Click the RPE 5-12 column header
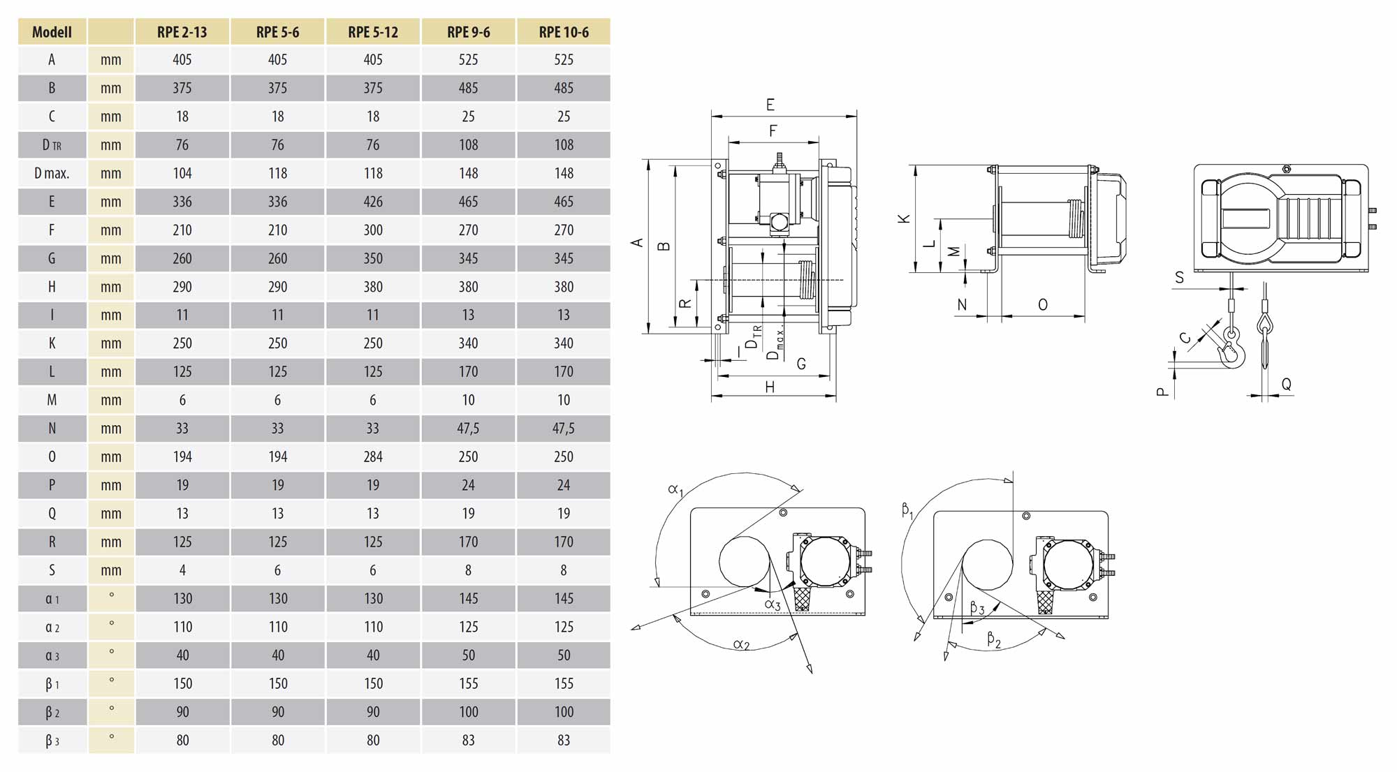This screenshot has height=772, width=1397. tap(373, 32)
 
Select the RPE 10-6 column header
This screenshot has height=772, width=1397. tap(564, 32)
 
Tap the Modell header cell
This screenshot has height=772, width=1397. tap(52, 32)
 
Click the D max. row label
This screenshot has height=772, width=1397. tap(52, 173)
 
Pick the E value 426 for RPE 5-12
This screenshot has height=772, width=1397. tap(373, 202)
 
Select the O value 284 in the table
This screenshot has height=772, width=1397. tap(373, 456)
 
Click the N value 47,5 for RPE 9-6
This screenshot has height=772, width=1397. tap(468, 429)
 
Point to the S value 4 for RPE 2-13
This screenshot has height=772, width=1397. tap(182, 570)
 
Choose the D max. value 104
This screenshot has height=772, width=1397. tap(182, 173)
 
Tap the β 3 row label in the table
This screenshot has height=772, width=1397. tap(52, 741)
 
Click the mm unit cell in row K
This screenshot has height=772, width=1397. tap(110, 343)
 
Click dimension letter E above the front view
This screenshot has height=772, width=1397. tap(770, 105)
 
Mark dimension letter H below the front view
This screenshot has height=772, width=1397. tap(770, 387)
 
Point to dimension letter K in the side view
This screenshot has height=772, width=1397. tap(904, 218)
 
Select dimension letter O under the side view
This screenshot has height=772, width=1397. tap(1042, 305)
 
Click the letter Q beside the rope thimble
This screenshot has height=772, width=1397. tap(1286, 384)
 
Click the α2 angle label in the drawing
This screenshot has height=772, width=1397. tap(741, 644)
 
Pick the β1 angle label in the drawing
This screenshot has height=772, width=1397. tap(907, 510)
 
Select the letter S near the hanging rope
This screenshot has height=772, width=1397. tap(1179, 278)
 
